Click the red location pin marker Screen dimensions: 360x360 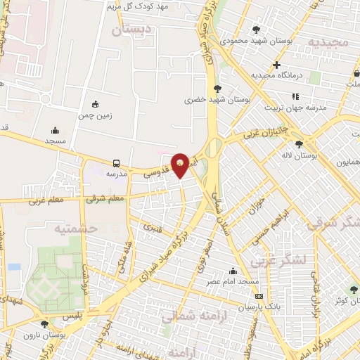pos(180,165)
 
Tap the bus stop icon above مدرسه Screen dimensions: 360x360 pos(116,162)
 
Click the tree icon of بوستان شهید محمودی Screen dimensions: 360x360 pos(256,30)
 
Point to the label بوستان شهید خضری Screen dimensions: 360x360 pos(209,101)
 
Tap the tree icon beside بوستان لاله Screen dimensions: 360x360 pos(299,143)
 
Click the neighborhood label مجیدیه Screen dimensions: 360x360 pos(323,42)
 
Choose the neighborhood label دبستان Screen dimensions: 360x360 pos(131,30)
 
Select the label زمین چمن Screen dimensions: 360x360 pos(95,114)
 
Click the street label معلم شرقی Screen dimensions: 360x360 pos(105,198)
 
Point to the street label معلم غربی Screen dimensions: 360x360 pos(46,201)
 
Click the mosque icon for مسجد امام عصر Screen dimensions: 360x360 pos(233,271)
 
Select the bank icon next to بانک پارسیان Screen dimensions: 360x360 pos(259,296)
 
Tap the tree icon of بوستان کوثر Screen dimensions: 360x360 pos(354,289)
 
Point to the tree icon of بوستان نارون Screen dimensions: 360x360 pos(45,324)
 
